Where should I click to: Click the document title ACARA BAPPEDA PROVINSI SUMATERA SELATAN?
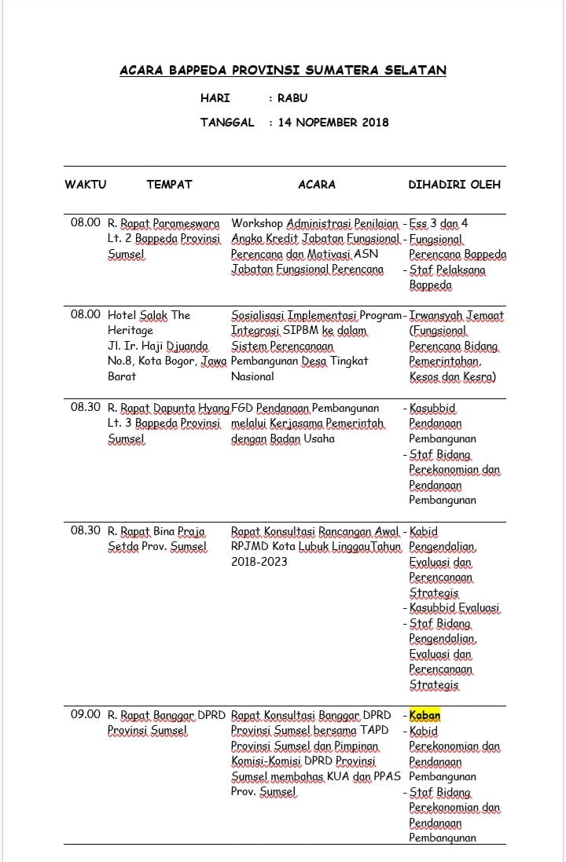[x=283, y=71]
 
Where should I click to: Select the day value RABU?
[x=292, y=98]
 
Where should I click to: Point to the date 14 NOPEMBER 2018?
[x=333, y=123]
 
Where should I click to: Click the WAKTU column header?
[x=85, y=185]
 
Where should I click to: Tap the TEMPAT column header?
[x=169, y=185]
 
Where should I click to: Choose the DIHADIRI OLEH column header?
[x=454, y=185]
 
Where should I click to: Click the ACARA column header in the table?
[x=317, y=185]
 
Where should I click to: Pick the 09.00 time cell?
[x=86, y=714]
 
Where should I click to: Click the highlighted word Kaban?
[x=425, y=715]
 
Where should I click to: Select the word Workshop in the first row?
[x=257, y=223]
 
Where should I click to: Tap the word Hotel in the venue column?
[x=123, y=315]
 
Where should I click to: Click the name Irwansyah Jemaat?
[x=457, y=315]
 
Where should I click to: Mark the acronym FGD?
[x=244, y=408]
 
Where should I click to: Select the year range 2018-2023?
[x=259, y=562]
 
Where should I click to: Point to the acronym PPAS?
[x=386, y=776]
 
